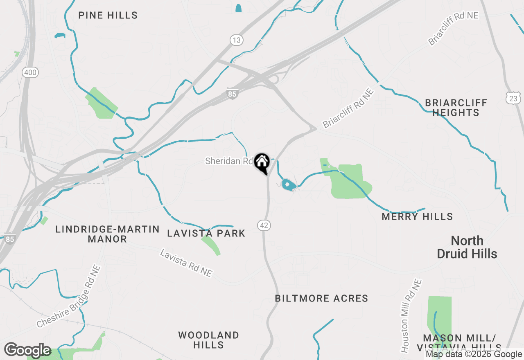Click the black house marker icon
(262, 162)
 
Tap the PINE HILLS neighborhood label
(108, 16)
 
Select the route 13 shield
(236, 40)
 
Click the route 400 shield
(30, 73)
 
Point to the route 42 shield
(264, 225)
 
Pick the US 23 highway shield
(513, 98)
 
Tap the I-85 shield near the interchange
(232, 94)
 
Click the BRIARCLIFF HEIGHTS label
(456, 108)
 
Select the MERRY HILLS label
(417, 216)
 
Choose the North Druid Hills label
(467, 247)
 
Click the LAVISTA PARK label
(206, 234)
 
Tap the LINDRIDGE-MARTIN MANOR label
(108, 234)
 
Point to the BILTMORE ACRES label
(321, 298)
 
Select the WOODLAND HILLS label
(208, 340)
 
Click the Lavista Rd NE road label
(186, 263)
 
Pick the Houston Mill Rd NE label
(411, 316)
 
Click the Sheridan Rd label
(229, 161)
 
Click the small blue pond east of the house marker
(289, 185)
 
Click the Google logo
(27, 351)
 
